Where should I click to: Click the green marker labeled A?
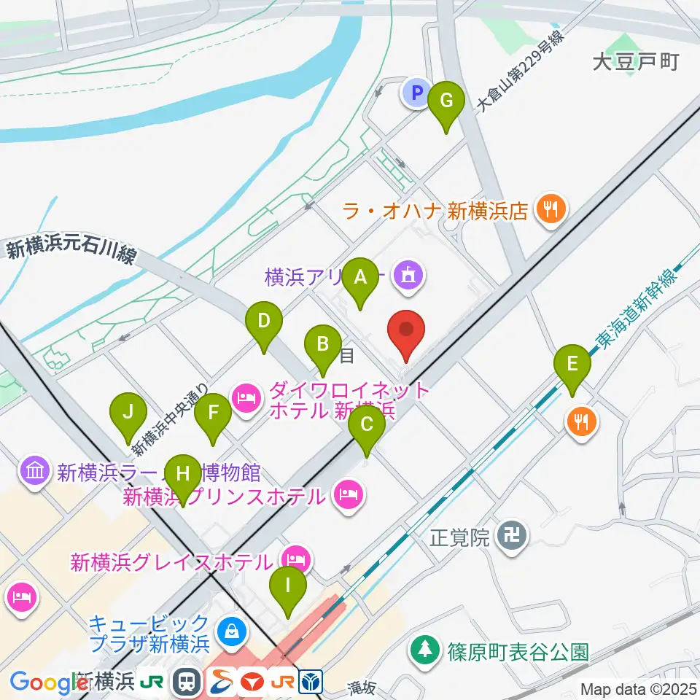(359, 277)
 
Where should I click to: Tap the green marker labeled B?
(323, 343)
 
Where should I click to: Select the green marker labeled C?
(367, 424)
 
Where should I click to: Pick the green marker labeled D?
(264, 321)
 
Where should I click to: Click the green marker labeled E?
(572, 363)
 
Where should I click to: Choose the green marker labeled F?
(213, 413)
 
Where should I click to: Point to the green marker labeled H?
(182, 473)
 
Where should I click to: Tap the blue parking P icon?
(416, 93)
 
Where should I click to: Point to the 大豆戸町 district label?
(635, 62)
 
